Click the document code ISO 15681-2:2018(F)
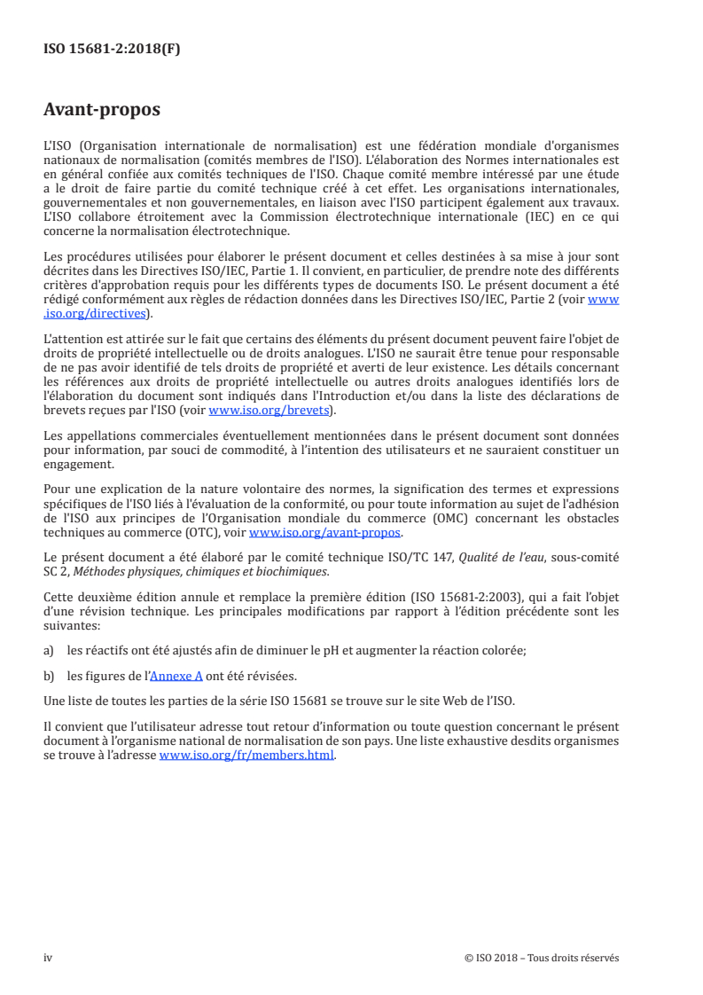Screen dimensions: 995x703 111,50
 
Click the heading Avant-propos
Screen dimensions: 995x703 102,110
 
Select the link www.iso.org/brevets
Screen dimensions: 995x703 269,411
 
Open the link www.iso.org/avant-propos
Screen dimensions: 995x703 325,532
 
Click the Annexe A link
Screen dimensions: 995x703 176,675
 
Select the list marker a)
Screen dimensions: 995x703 50,650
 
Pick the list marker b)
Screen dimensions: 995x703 50,675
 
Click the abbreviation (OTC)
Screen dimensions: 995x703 218,532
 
